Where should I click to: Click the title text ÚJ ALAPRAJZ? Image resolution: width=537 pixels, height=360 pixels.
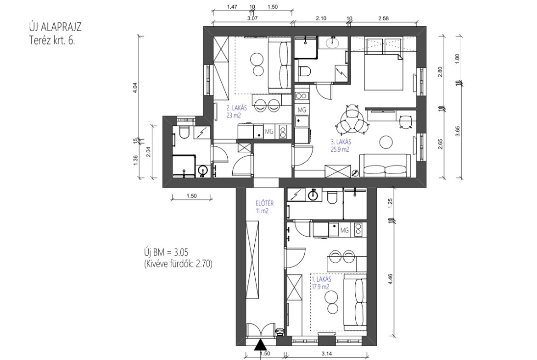pyautogui.click(x=55, y=28)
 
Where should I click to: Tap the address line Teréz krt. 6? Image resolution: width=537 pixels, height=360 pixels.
pyautogui.click(x=52, y=41)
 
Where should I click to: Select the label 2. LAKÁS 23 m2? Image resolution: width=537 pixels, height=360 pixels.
pyautogui.click(x=236, y=111)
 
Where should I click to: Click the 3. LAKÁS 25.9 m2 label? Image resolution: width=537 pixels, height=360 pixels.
pyautogui.click(x=341, y=145)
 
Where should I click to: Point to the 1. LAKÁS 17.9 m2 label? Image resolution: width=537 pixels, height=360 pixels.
pyautogui.click(x=321, y=283)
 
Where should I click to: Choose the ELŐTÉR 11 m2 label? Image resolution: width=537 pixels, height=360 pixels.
pyautogui.click(x=264, y=207)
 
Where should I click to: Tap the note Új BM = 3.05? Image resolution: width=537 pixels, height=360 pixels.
pyautogui.click(x=167, y=253)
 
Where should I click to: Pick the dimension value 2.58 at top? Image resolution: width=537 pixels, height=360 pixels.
pyautogui.click(x=383, y=18)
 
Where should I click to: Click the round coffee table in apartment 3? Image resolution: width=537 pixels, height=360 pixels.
pyautogui.click(x=386, y=142)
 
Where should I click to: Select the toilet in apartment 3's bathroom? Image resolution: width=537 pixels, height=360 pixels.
pyautogui.click(x=304, y=71)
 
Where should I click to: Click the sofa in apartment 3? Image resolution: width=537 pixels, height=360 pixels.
pyautogui.click(x=385, y=165)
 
